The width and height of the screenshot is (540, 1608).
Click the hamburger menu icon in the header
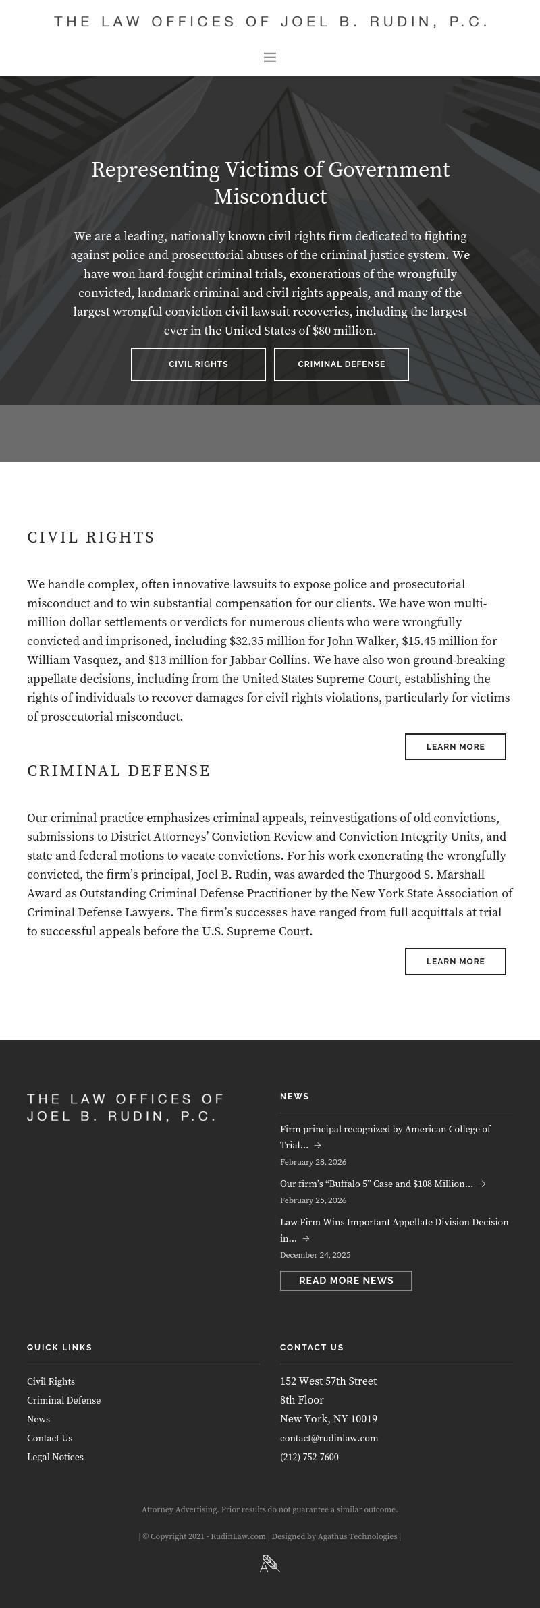[270, 57]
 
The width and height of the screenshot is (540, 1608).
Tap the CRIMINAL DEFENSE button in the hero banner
[341, 364]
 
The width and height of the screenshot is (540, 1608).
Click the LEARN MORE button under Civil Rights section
[455, 747]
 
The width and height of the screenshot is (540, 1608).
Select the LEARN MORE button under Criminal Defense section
[455, 962]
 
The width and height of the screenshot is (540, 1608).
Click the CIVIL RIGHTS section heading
[91, 538]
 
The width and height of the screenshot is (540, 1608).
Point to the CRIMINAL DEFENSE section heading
[119, 771]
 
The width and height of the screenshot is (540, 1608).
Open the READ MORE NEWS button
[346, 1281]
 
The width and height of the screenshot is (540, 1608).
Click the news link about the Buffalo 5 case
[377, 1184]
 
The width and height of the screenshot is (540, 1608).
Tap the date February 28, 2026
[313, 1162]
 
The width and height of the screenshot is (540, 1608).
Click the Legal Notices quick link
[55, 1457]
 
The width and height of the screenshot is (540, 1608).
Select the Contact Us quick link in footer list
[49, 1438]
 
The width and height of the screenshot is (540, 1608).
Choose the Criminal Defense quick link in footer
[63, 1400]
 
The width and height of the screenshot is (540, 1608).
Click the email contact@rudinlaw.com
[329, 1438]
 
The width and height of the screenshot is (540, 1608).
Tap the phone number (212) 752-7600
[309, 1457]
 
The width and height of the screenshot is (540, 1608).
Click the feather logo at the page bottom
[270, 1563]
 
